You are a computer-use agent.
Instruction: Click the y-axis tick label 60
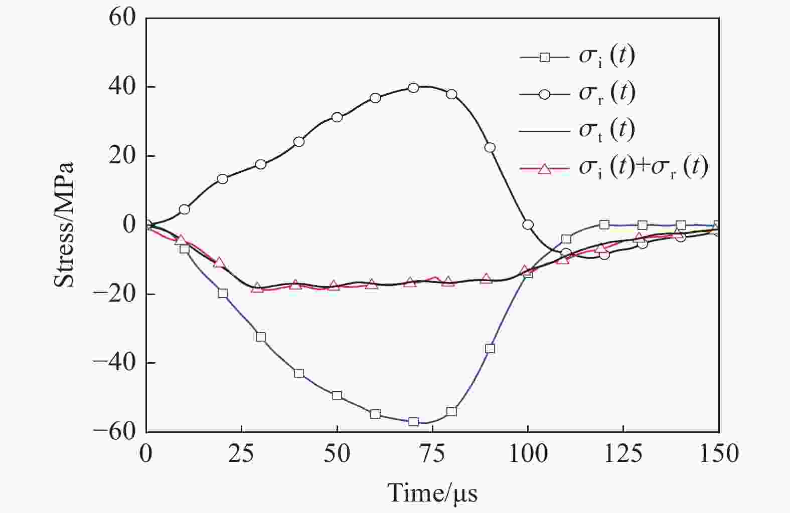[122, 18]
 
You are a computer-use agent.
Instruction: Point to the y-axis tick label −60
[115, 431]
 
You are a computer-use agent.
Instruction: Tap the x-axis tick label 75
[432, 453]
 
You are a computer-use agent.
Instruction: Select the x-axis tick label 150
[718, 453]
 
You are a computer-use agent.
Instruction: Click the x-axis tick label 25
[242, 453]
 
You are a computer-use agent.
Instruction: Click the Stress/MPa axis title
[64, 224]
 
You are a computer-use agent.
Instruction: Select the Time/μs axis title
[432, 493]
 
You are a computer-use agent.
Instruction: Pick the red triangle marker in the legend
[545, 169]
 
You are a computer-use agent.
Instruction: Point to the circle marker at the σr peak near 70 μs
[413, 88]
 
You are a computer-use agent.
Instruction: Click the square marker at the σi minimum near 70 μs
[413, 422]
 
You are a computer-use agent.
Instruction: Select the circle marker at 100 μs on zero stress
[528, 225]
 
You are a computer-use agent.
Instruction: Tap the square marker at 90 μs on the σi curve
[490, 348]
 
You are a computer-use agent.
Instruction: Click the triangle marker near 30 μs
[257, 288]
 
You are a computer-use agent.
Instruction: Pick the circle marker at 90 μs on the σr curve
[490, 147]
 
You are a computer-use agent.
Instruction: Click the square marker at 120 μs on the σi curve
[604, 224]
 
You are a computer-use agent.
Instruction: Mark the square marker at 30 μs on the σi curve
[261, 337]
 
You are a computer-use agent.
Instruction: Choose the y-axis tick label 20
[122, 156]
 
